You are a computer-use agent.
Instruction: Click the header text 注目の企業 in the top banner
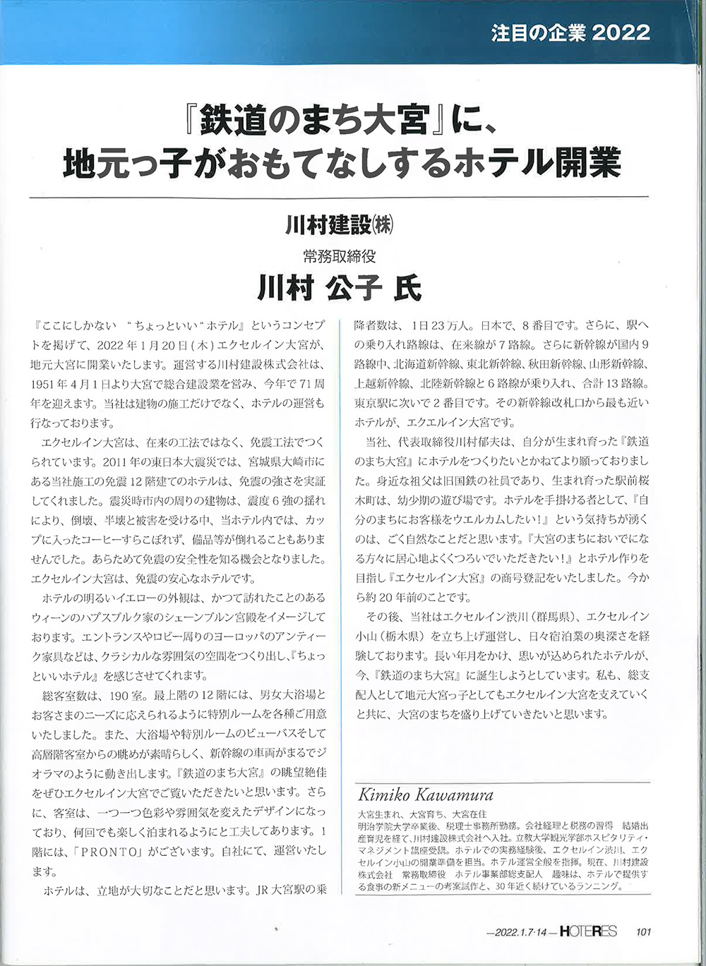click(x=537, y=32)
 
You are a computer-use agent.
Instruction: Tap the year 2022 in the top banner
click(x=622, y=32)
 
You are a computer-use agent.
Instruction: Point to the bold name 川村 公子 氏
click(x=339, y=288)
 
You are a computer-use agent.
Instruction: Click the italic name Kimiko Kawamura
click(x=426, y=795)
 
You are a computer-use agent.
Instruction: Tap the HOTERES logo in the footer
click(x=586, y=931)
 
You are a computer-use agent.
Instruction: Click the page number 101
click(x=643, y=932)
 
